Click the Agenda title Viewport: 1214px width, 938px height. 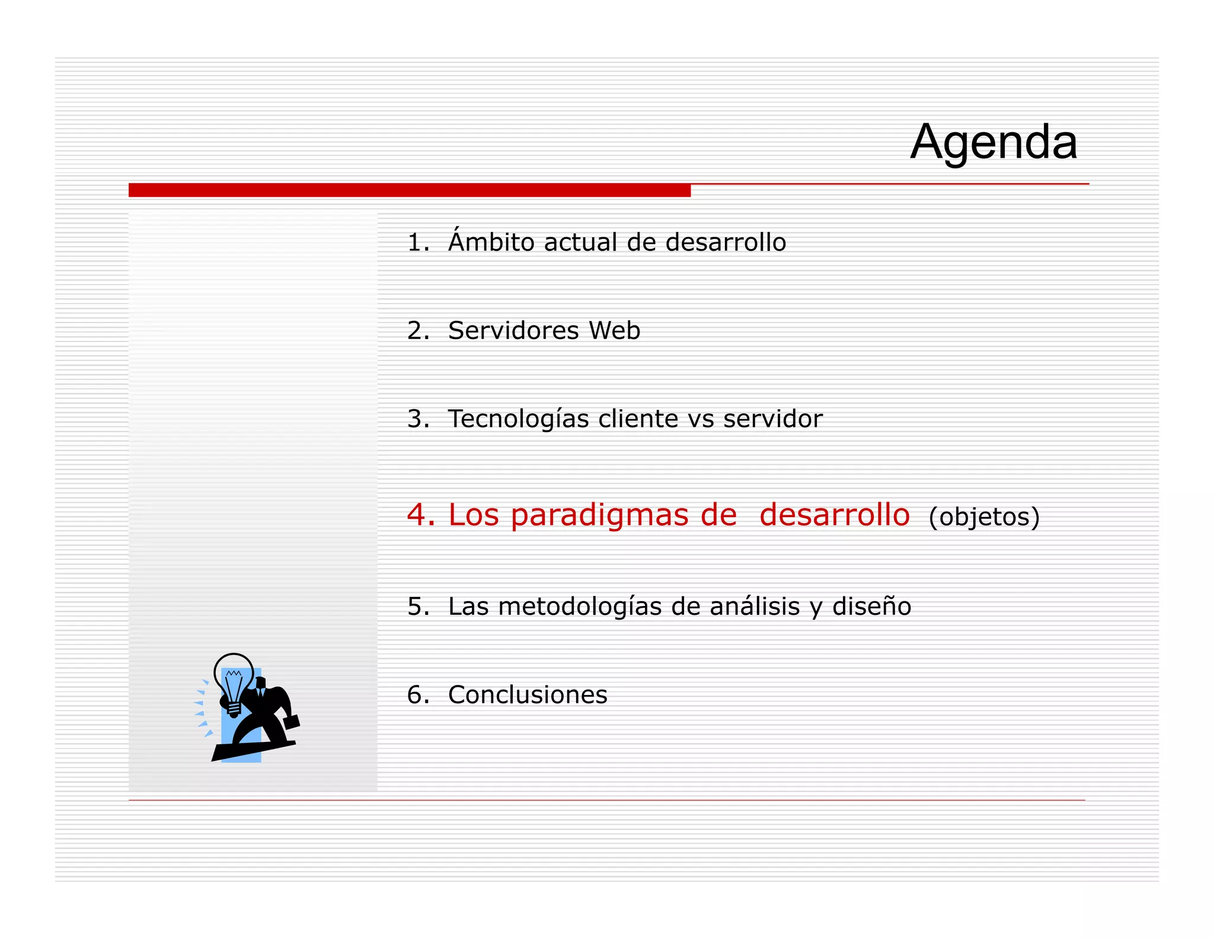tap(993, 142)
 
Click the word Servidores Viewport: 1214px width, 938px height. tap(513, 331)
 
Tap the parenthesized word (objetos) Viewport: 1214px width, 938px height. tap(984, 517)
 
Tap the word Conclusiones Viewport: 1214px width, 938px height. tap(528, 695)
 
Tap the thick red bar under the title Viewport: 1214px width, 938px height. tap(409, 190)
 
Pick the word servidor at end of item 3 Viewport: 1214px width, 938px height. tap(772, 419)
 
